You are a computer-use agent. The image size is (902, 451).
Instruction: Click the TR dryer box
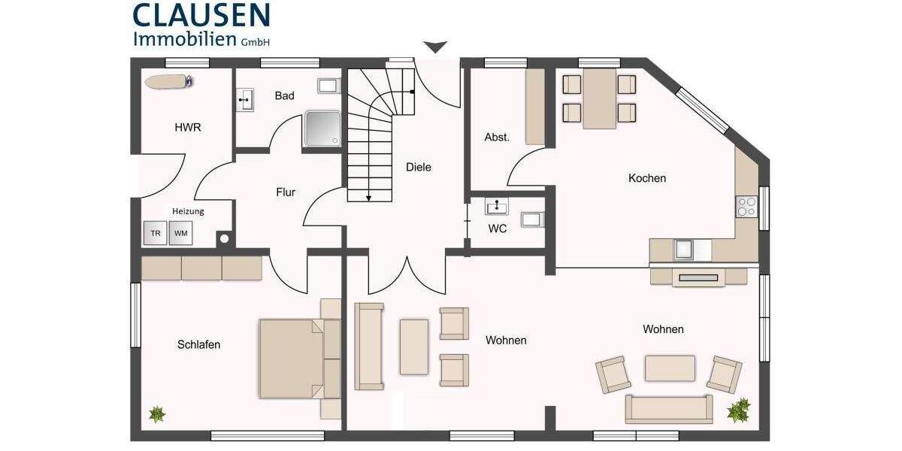(x=156, y=233)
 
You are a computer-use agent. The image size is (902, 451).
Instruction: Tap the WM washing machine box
(x=180, y=233)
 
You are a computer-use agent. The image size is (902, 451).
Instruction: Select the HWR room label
(x=188, y=128)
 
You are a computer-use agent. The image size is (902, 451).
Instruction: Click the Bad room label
(x=284, y=95)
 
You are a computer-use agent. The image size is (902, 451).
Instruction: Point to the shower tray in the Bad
(x=324, y=129)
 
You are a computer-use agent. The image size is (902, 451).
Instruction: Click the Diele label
(x=419, y=167)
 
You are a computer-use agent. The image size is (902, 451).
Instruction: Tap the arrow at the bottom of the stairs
(x=369, y=197)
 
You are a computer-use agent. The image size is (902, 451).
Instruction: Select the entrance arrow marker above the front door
(x=434, y=47)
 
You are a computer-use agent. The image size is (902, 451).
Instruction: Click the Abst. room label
(x=497, y=137)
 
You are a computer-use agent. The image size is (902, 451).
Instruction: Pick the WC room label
(x=498, y=229)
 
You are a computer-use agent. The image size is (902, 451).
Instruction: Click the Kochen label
(x=647, y=178)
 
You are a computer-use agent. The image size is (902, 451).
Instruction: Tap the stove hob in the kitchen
(x=746, y=206)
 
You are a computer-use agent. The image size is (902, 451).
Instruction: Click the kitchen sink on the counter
(x=684, y=249)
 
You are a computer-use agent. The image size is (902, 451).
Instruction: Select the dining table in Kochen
(x=599, y=98)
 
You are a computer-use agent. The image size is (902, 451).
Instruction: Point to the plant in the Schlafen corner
(x=157, y=413)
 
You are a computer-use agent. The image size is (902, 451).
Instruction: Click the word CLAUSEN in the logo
(x=201, y=15)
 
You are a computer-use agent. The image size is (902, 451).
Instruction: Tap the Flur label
(x=286, y=192)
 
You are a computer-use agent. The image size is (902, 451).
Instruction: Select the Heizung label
(x=188, y=211)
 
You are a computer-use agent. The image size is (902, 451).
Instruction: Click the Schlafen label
(x=199, y=344)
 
